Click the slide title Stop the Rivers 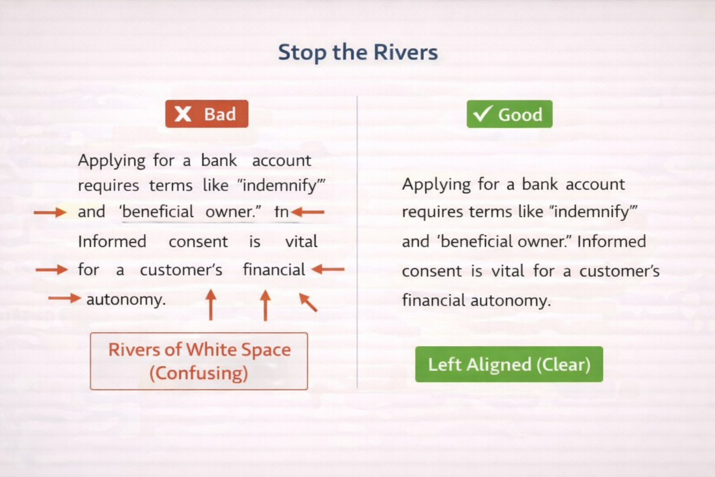click(357, 52)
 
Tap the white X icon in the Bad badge click(183, 114)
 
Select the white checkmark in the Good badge click(482, 114)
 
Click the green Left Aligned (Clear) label click(509, 364)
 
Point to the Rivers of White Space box click(199, 361)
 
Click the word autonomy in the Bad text click(126, 299)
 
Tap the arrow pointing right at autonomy click(65, 298)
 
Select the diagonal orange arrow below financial click(308, 302)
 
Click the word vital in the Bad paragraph click(301, 241)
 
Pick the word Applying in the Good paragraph click(436, 184)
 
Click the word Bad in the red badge click(220, 114)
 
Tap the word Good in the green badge click(520, 115)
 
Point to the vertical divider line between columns click(357, 242)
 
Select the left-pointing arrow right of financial click(328, 269)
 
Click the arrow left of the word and click(50, 212)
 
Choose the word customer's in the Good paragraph click(619, 271)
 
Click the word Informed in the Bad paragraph click(112, 241)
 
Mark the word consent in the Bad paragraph click(198, 241)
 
